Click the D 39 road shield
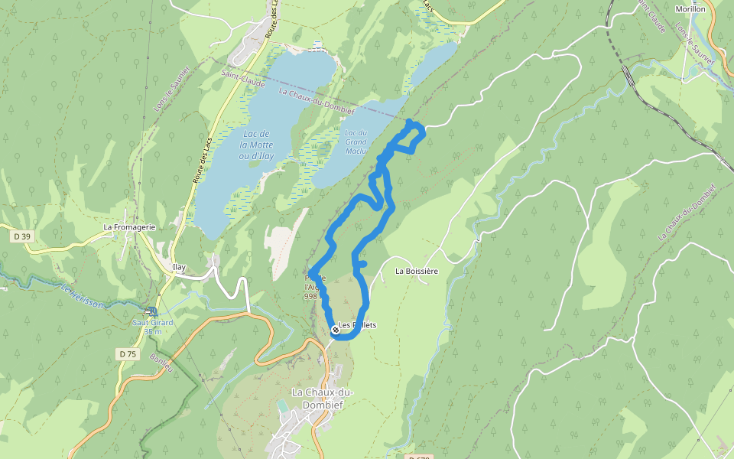tap(21, 236)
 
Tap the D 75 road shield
tap(127, 354)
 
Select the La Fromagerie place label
tap(130, 227)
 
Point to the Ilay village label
tap(180, 267)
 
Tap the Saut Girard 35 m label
tap(153, 327)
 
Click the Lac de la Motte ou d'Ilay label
tap(255, 145)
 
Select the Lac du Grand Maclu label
tap(356, 142)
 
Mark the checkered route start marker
tap(335, 330)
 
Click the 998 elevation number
tap(310, 296)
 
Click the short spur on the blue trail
tap(362, 264)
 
